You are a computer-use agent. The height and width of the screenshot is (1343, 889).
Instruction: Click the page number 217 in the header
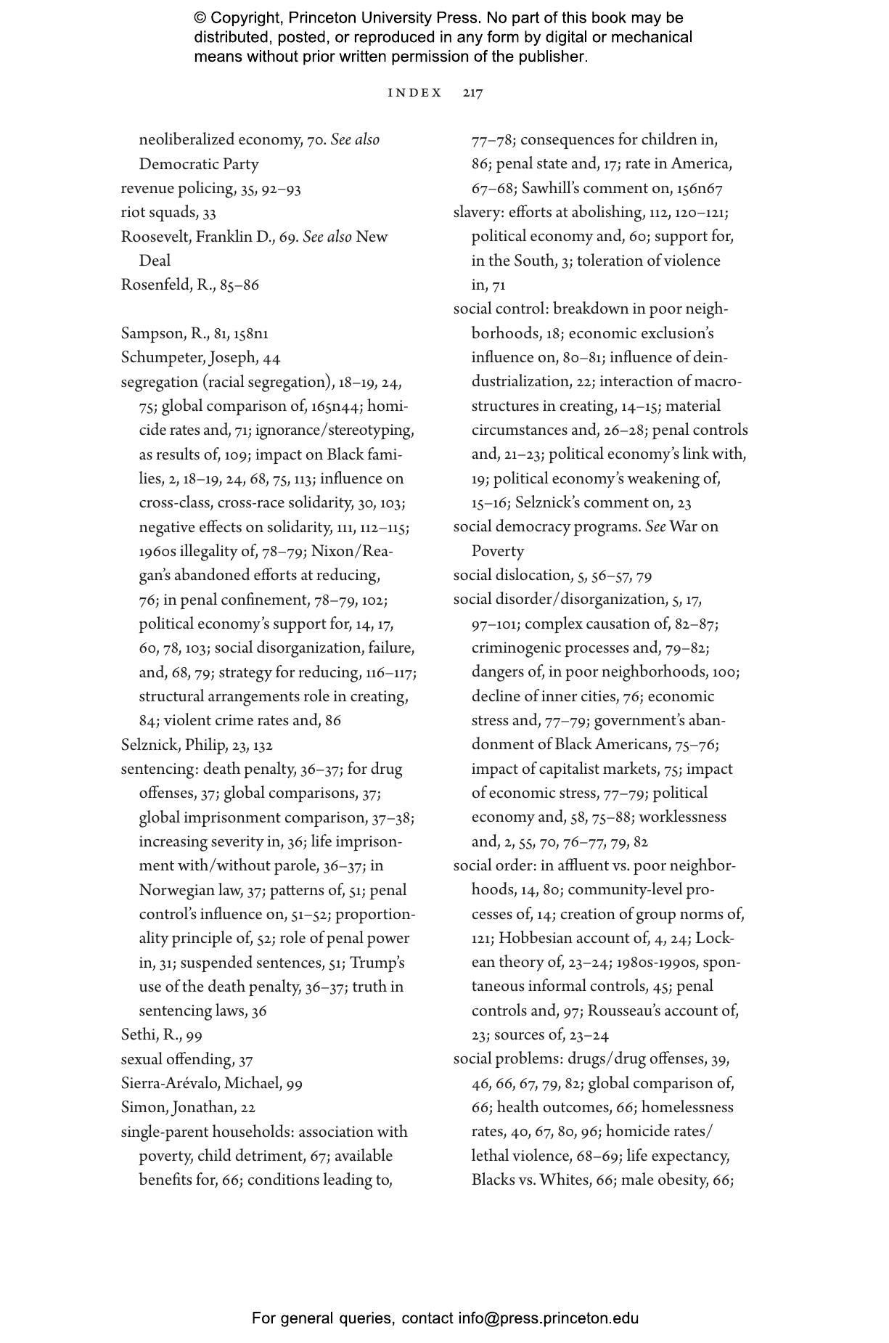click(472, 93)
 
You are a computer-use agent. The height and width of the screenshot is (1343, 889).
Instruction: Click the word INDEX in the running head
click(414, 93)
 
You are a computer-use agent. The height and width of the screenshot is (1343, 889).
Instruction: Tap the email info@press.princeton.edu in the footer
click(548, 1318)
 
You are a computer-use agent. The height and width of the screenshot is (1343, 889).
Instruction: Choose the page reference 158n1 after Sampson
click(251, 334)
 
